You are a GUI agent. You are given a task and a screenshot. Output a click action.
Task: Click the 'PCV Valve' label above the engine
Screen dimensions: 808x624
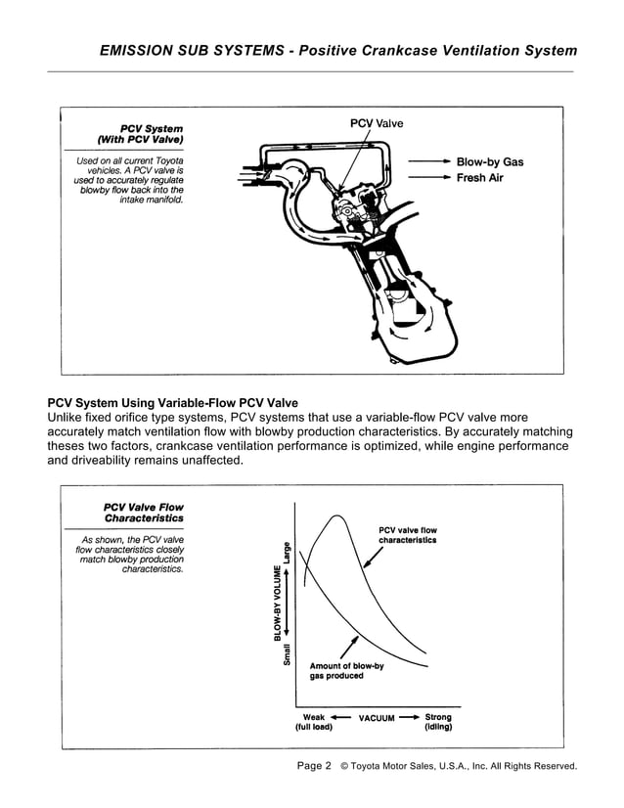pyautogui.click(x=376, y=123)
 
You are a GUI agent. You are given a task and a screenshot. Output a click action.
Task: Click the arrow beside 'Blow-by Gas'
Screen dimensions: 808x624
pyautogui.click(x=429, y=161)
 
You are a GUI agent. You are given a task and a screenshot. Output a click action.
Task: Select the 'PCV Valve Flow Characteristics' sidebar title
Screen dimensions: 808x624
pyautogui.click(x=143, y=513)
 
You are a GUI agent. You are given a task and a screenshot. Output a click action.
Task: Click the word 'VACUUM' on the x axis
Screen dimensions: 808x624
pyautogui.click(x=377, y=718)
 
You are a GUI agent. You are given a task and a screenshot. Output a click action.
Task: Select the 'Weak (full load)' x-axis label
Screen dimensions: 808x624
pyautogui.click(x=314, y=722)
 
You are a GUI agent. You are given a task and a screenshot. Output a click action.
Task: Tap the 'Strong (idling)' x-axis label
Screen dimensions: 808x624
pyautogui.click(x=437, y=722)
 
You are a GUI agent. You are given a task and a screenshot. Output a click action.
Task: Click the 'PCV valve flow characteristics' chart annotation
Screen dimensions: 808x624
pyautogui.click(x=408, y=535)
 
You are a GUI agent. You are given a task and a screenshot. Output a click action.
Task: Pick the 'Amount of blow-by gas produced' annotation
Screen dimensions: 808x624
pyautogui.click(x=346, y=671)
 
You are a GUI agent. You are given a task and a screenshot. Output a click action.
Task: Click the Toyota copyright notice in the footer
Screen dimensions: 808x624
pyautogui.click(x=459, y=767)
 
